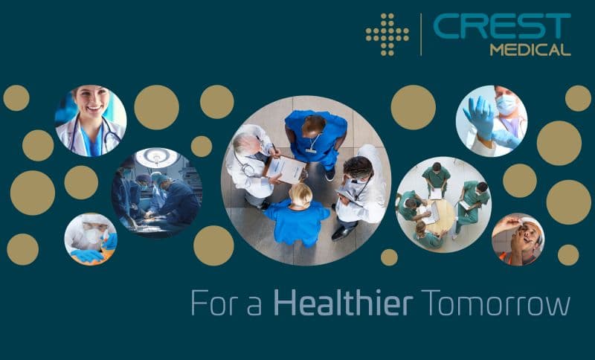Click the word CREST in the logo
click(x=501, y=26)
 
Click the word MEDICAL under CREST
click(x=530, y=50)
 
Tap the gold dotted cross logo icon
click(x=387, y=34)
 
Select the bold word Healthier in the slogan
click(x=343, y=303)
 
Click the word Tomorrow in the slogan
click(x=495, y=303)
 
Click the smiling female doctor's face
click(x=91, y=99)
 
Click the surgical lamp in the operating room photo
click(x=157, y=157)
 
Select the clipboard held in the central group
click(x=286, y=169)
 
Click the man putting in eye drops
click(x=518, y=240)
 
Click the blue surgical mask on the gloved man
click(x=506, y=104)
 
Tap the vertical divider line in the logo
click(x=421, y=34)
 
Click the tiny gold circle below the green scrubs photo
click(x=389, y=257)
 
